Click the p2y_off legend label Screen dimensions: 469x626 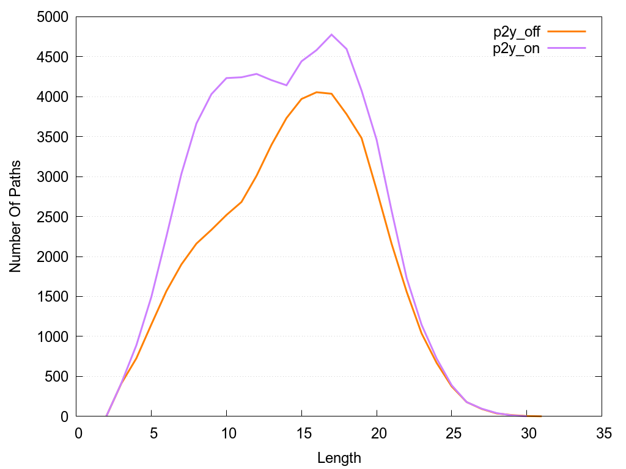tap(517, 32)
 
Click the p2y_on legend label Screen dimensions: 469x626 tap(517, 49)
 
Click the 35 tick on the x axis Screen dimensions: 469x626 tap(602, 434)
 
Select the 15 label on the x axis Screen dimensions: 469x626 tap(301, 434)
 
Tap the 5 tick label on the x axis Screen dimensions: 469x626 tap(151, 434)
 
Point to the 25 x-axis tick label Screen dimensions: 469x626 tap(452, 434)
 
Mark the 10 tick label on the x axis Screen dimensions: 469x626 tap(226, 434)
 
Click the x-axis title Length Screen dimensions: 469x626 tap(339, 457)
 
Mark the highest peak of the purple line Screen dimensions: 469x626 tap(331, 35)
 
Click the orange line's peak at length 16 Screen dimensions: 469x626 tap(317, 92)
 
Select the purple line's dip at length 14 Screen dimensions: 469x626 tap(286, 85)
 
